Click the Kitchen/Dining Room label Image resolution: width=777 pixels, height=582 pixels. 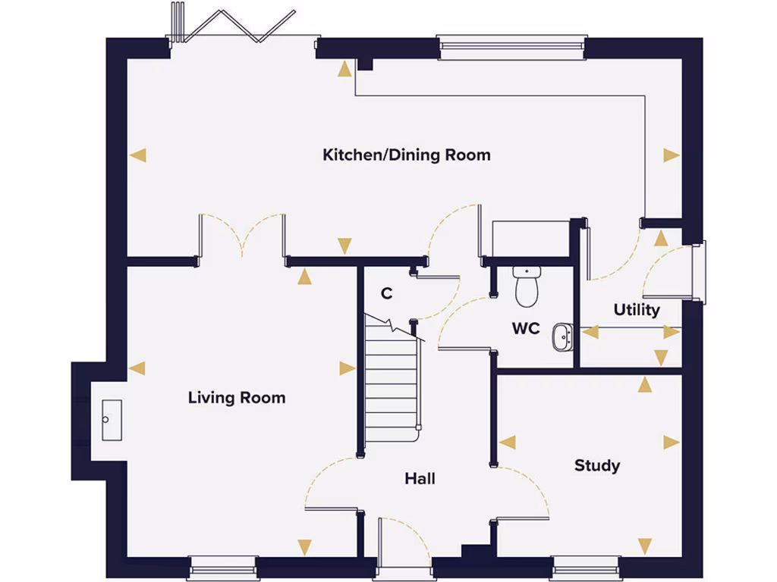(x=407, y=155)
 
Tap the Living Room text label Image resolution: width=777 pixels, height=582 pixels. (x=237, y=397)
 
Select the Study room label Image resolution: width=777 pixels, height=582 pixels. (x=596, y=465)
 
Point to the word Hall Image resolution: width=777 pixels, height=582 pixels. (x=420, y=479)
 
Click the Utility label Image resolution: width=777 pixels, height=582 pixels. (x=637, y=309)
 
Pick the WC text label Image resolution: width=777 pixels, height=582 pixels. (x=526, y=328)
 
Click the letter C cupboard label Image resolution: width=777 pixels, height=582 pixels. (x=386, y=293)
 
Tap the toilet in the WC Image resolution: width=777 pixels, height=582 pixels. (x=526, y=286)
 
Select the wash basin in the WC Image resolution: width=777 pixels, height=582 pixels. (x=562, y=337)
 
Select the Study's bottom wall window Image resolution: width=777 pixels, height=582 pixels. (x=585, y=567)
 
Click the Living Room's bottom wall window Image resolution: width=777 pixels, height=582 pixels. (x=223, y=567)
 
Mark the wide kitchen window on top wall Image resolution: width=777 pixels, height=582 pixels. (x=512, y=47)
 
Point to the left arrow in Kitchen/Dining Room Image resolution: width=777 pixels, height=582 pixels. (x=137, y=155)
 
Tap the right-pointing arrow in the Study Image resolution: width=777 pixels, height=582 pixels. (x=672, y=443)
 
